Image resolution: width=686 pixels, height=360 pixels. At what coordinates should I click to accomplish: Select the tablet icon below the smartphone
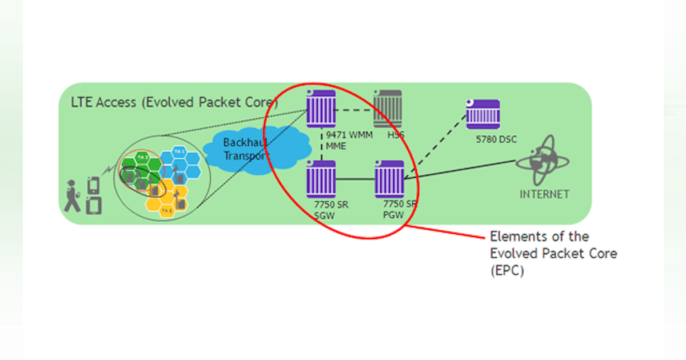point(94,205)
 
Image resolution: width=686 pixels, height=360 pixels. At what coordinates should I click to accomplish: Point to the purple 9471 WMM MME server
point(320,109)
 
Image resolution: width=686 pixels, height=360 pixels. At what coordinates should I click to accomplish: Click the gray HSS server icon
point(387,109)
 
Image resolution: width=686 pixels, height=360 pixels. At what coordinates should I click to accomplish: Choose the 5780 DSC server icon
point(482,114)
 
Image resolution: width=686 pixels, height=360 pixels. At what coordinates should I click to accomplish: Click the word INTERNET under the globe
point(544,194)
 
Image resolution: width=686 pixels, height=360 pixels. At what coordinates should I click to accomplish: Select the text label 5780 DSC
point(497,139)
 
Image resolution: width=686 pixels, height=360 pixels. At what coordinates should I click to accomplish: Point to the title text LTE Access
point(103,102)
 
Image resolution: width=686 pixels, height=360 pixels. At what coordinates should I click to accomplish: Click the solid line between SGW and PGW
point(354,180)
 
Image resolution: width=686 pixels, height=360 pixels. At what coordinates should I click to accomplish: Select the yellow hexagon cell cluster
point(166,197)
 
